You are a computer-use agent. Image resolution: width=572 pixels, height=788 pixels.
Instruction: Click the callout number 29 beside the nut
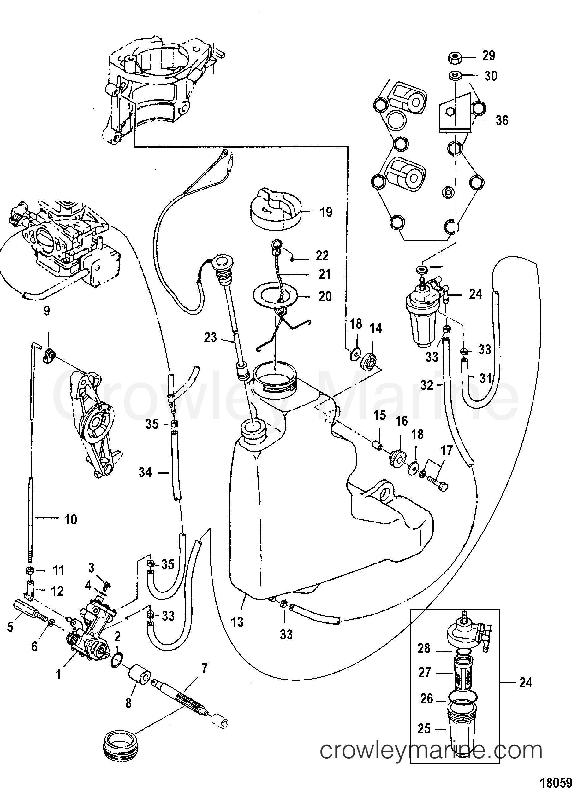pos(489,55)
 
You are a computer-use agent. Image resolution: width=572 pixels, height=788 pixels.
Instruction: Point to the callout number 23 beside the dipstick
pos(211,337)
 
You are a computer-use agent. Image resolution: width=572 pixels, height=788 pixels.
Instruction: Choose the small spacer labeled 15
pos(376,446)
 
